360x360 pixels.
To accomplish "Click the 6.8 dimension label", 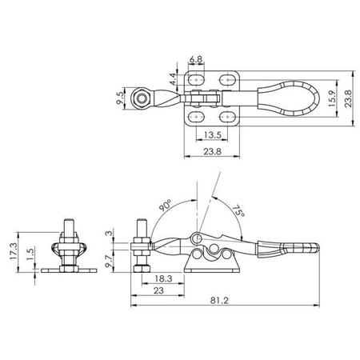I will (x=196, y=59).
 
